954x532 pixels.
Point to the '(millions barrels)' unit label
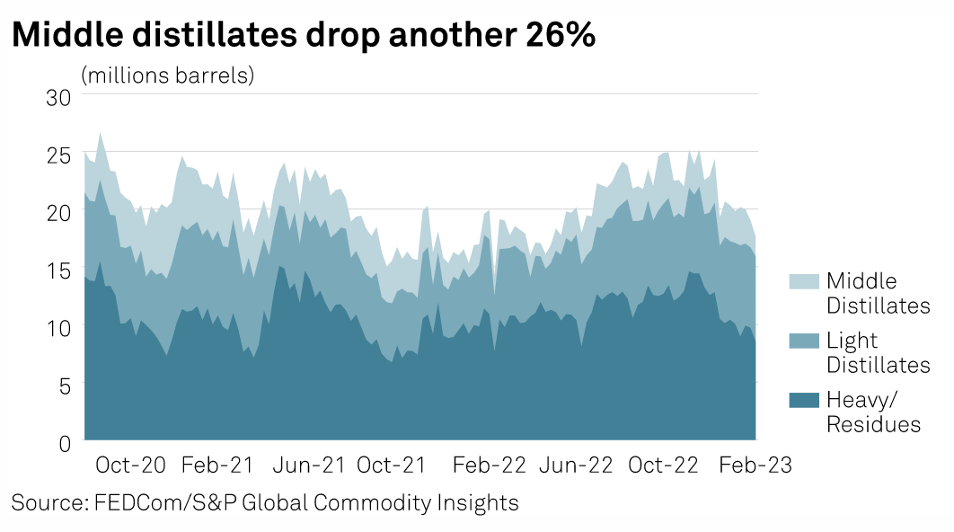pyautogui.click(x=168, y=75)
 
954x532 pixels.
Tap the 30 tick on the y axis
pyautogui.click(x=58, y=96)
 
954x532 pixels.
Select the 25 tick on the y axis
pyautogui.click(x=58, y=154)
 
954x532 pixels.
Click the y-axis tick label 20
pyautogui.click(x=58, y=211)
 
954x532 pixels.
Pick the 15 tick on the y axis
pyautogui.click(x=58, y=269)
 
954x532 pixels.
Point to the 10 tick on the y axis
pyautogui.click(x=58, y=326)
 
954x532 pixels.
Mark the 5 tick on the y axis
pyautogui.click(x=64, y=384)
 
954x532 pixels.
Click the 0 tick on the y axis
pyautogui.click(x=64, y=441)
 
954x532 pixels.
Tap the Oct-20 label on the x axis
pyautogui.click(x=131, y=465)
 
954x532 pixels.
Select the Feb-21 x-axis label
pyautogui.click(x=218, y=465)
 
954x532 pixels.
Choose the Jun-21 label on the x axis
pyautogui.click(x=308, y=465)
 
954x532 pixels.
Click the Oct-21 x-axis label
pyautogui.click(x=391, y=465)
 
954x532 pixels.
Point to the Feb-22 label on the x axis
pyautogui.click(x=489, y=465)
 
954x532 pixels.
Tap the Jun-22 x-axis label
pyautogui.click(x=576, y=465)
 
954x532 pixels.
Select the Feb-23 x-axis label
pyautogui.click(x=755, y=465)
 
